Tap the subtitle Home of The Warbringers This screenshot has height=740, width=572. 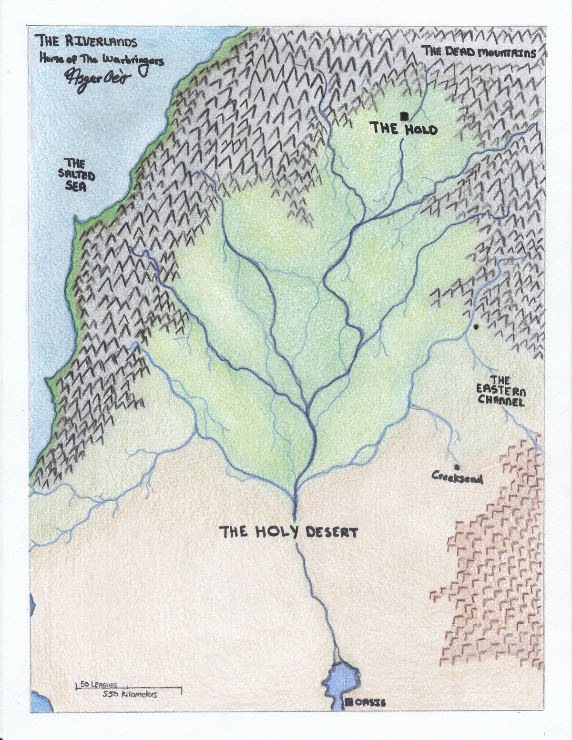(102, 61)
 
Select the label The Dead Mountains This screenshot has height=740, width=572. (480, 52)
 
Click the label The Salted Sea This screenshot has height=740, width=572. (76, 175)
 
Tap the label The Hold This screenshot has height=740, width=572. (404, 128)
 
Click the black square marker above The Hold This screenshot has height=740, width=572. (404, 115)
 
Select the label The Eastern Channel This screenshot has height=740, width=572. (501, 391)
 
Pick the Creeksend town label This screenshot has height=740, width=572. (457, 476)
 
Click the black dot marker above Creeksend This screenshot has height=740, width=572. (457, 467)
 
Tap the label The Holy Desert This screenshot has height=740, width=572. (288, 532)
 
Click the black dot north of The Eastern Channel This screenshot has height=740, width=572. (476, 327)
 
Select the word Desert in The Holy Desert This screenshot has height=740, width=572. (332, 532)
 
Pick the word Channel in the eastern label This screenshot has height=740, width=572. (501, 401)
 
